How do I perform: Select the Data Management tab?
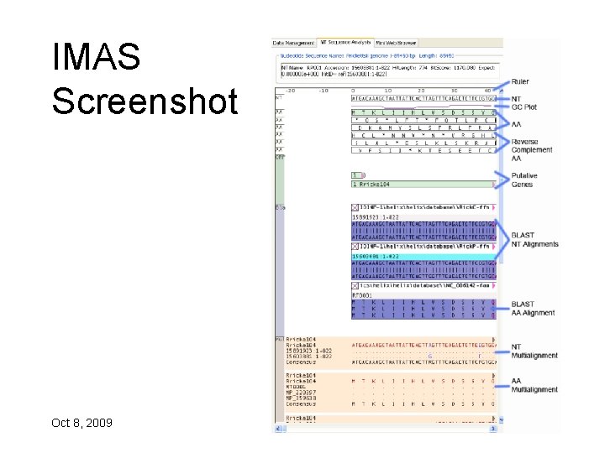[293, 42]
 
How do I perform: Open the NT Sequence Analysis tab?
[345, 42]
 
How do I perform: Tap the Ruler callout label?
[521, 82]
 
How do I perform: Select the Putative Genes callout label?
[524, 180]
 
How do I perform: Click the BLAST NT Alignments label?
[534, 240]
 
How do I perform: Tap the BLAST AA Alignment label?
[534, 309]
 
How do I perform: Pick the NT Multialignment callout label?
[534, 351]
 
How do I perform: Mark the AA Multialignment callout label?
[534, 385]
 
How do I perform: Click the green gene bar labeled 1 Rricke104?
[420, 184]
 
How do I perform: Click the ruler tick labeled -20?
[290, 90]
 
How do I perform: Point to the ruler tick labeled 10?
[387, 90]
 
